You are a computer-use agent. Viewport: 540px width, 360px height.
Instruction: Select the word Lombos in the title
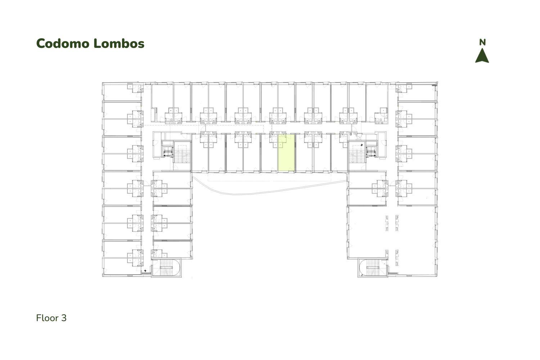tap(119, 44)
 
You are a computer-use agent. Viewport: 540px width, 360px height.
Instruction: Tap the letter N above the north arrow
tap(482, 42)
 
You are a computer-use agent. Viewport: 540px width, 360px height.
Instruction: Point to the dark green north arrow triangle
tap(482, 56)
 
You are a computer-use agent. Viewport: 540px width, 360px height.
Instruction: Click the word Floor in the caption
tap(48, 318)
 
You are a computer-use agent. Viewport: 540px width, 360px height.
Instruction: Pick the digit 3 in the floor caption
tap(64, 318)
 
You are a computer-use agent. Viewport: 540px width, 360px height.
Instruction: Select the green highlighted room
tap(287, 153)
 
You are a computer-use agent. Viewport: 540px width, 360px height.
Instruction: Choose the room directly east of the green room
tap(304, 153)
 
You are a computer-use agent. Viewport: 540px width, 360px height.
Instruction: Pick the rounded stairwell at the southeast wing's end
tap(373, 267)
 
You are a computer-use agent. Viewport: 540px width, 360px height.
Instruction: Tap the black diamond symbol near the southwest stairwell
tap(145, 271)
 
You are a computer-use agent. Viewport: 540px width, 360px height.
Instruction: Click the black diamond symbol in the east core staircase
tap(361, 145)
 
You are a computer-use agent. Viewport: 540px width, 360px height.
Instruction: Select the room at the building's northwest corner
tap(122, 92)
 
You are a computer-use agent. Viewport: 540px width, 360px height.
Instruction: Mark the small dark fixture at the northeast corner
tap(435, 85)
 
